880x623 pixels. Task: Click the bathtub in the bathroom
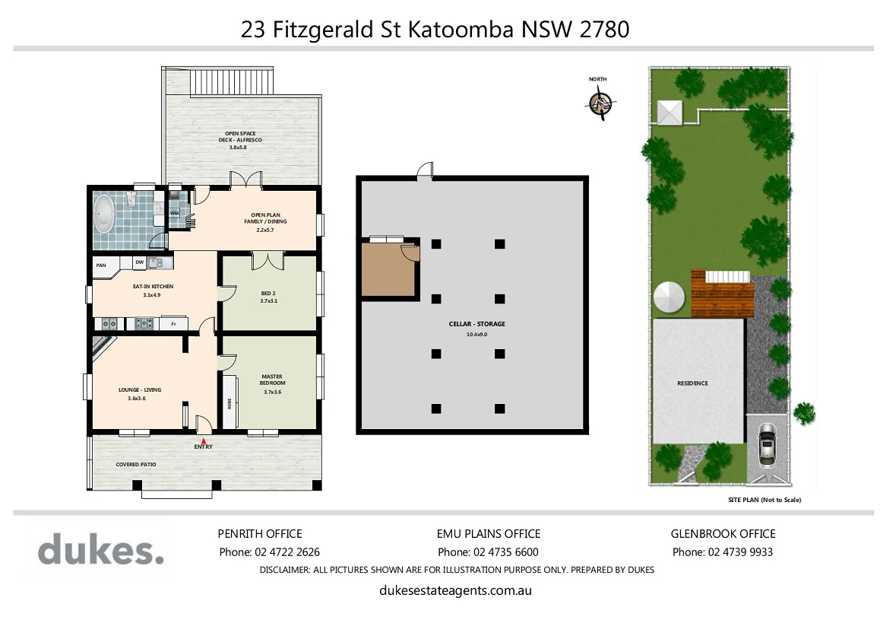pos(103,214)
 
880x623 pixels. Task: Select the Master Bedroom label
pos(272,380)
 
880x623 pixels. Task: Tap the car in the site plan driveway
pos(767,447)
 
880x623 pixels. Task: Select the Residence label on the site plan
pos(692,383)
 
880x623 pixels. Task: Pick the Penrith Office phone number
pos(269,552)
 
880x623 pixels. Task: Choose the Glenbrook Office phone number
pos(722,552)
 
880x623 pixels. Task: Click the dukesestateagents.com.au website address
pos(454,590)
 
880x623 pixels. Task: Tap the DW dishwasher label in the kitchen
pos(139,262)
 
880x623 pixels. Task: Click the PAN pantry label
pos(101,265)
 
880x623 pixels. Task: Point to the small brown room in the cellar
pos(388,269)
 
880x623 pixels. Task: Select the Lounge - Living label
pos(140,389)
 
